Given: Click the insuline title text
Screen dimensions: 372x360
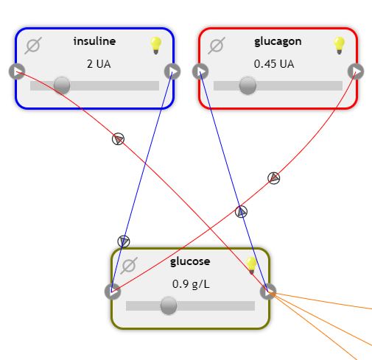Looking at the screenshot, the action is click(94, 41).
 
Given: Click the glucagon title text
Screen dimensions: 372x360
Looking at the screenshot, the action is click(278, 42).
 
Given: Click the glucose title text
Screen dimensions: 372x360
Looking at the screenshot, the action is click(190, 261).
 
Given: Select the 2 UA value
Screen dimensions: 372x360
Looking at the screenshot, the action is click(99, 64).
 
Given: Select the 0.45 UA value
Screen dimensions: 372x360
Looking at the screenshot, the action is click(274, 64).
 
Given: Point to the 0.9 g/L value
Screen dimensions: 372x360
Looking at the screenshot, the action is click(191, 284).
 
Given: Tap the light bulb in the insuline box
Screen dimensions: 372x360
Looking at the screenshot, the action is click(156, 45).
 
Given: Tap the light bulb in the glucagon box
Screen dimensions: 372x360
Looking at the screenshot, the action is click(339, 45).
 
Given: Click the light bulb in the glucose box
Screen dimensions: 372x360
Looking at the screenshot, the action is click(251, 265).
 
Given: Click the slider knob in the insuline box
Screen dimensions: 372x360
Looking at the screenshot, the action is click(62, 85).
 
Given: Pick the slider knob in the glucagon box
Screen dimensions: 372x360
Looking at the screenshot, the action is click(248, 85).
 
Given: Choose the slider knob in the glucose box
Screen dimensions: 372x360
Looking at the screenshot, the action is click(169, 306).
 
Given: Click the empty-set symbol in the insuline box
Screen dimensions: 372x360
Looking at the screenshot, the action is click(33, 46).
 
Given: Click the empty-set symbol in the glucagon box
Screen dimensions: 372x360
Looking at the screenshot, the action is click(217, 46).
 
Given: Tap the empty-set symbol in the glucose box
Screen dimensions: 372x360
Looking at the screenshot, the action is click(129, 266).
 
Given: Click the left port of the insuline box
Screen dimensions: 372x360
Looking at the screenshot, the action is click(17, 71).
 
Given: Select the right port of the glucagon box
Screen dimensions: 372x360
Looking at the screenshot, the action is click(356, 71).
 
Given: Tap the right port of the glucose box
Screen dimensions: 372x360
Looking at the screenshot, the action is click(268, 292).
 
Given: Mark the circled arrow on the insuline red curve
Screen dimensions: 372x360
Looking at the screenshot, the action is click(118, 139).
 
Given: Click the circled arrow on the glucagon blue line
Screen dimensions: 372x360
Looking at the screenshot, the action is click(241, 212).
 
